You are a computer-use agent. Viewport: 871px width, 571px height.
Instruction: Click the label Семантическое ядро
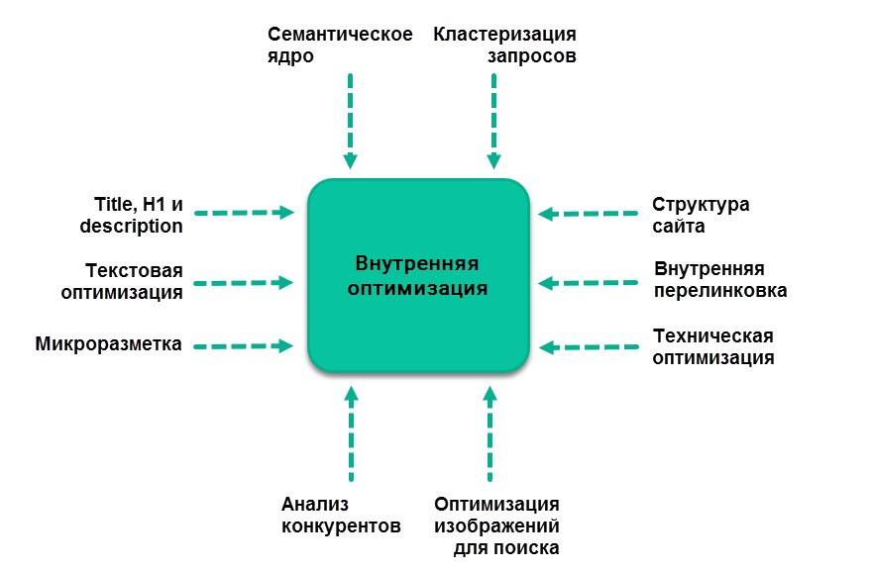coord(340,45)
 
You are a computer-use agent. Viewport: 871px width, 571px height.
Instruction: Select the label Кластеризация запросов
coord(504,45)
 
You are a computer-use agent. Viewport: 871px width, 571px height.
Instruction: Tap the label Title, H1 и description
coord(132,216)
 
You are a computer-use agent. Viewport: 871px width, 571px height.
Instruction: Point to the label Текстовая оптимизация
coord(122,281)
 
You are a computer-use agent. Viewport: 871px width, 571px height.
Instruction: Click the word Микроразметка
coord(109,344)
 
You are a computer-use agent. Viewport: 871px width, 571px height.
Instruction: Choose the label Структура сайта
coord(701,216)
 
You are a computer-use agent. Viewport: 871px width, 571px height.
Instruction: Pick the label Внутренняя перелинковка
coord(720,280)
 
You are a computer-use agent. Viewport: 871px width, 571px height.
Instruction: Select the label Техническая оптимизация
coord(713,346)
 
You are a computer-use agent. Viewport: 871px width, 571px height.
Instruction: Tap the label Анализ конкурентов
coord(341,515)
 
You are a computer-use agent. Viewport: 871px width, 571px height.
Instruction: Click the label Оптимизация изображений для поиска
coord(496,526)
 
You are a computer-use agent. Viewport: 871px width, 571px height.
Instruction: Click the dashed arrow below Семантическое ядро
coord(350,121)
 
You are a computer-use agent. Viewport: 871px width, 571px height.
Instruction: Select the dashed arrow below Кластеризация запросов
coord(493,121)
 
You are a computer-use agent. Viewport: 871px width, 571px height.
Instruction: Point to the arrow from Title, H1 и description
coord(245,213)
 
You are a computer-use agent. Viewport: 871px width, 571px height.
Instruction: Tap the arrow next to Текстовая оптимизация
coord(244,282)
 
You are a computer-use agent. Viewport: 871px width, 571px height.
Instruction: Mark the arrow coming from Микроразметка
coord(244,346)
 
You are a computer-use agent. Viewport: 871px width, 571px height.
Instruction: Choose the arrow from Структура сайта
coord(589,214)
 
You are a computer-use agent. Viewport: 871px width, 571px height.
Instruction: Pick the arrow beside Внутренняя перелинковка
coord(589,283)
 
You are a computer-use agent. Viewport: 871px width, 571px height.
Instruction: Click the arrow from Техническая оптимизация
coord(589,347)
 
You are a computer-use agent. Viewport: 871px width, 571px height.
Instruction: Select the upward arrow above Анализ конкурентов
coord(351,433)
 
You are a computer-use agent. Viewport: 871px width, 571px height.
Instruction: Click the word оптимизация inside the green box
coord(418,289)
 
